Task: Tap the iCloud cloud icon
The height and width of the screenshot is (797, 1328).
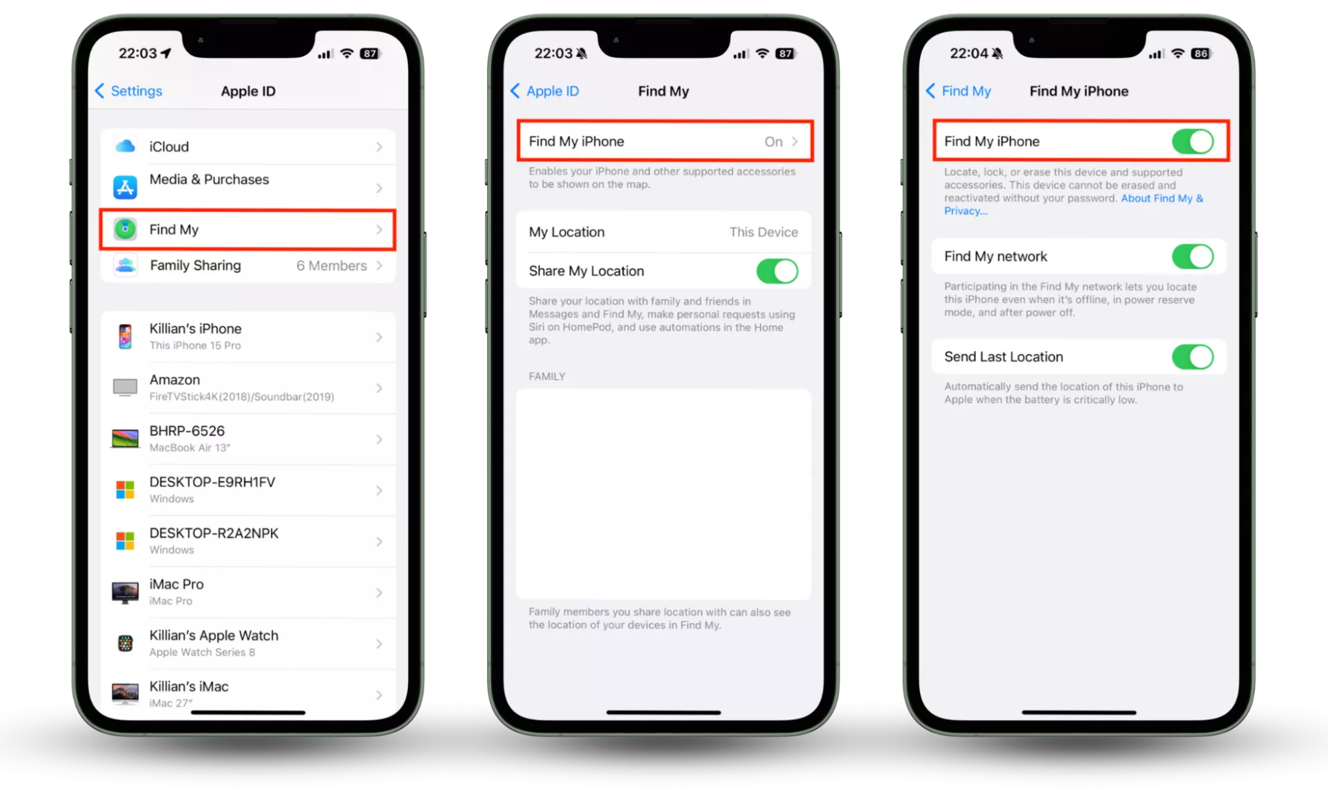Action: [125, 146]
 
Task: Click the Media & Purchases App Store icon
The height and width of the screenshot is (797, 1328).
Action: [125, 187]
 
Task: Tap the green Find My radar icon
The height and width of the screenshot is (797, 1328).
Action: [125, 229]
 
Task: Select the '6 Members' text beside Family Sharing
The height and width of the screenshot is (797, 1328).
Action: [332, 266]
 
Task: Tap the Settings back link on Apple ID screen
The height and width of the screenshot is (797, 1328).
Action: [129, 91]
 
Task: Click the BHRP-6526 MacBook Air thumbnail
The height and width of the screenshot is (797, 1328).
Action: [125, 438]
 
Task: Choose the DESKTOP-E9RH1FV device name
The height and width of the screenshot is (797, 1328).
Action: [212, 482]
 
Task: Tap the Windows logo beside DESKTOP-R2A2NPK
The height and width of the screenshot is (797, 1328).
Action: [125, 541]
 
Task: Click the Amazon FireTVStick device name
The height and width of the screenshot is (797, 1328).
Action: [175, 380]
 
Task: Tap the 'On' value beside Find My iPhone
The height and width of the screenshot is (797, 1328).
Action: [773, 141]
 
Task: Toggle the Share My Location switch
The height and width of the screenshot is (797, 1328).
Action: [777, 271]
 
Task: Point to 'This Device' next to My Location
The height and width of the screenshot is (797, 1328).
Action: [763, 232]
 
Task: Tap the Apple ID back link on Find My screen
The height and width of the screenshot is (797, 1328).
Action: [545, 91]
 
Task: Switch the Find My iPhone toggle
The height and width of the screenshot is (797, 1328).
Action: [1192, 141]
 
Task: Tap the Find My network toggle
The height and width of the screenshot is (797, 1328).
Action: [1192, 256]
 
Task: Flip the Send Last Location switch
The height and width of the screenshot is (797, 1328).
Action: [1192, 357]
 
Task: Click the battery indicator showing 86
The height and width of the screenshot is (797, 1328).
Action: [1200, 54]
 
